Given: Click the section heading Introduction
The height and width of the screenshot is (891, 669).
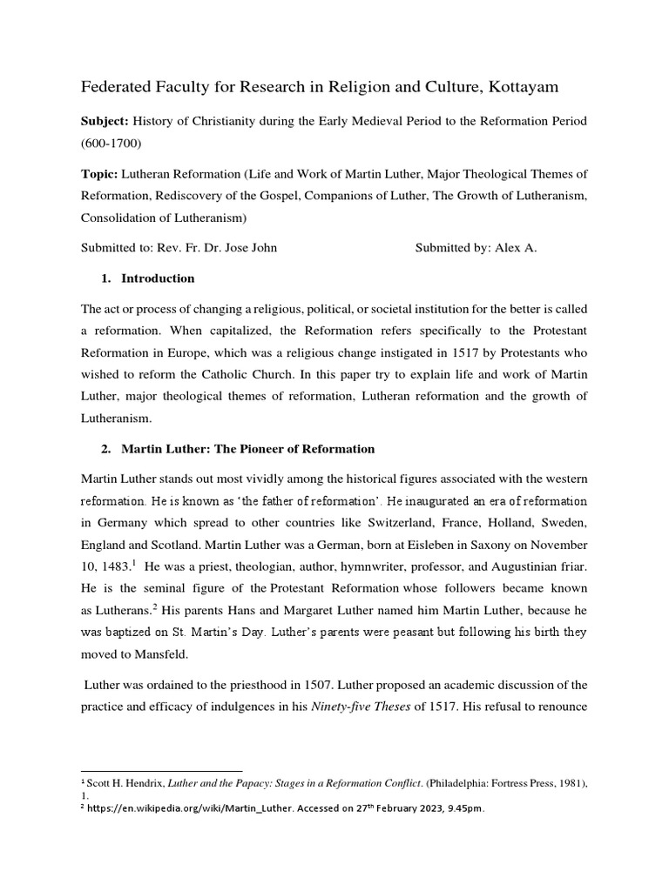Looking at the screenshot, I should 158,278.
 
